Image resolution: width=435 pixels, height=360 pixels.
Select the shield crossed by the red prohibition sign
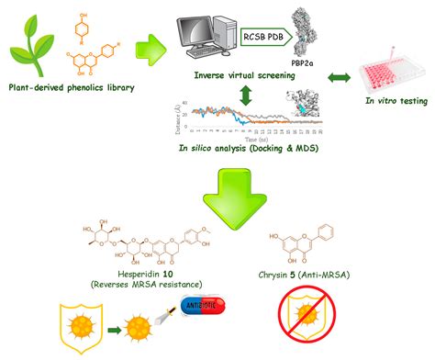[x=327, y=326]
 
